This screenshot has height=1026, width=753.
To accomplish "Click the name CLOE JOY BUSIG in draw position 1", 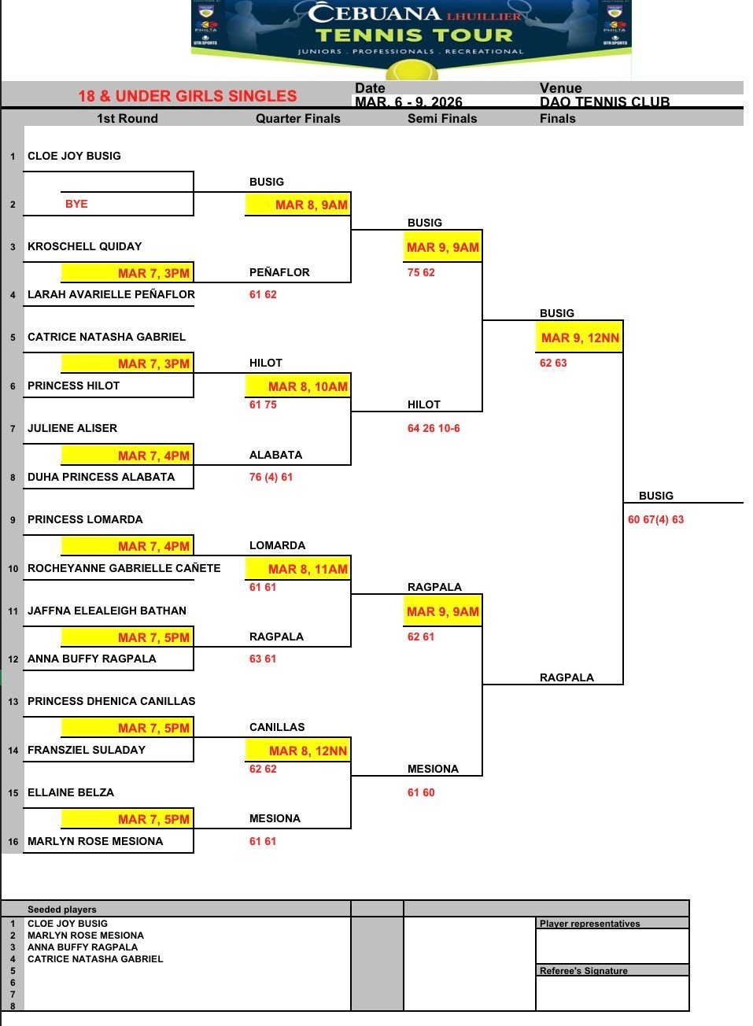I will [74, 156].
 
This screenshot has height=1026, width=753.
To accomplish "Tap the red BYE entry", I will [76, 204].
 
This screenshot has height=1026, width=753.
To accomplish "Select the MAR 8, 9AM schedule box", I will [298, 205].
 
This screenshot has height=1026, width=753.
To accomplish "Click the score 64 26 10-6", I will [434, 428].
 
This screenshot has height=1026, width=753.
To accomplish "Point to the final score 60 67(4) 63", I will [655, 519].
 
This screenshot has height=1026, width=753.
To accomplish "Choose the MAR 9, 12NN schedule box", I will [579, 338].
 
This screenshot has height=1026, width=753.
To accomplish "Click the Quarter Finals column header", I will [297, 119].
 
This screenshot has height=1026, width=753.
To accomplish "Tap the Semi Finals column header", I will [442, 119].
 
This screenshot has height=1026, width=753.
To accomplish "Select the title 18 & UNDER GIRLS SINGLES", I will [187, 96].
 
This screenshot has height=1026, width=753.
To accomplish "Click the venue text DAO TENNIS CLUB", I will [604, 102].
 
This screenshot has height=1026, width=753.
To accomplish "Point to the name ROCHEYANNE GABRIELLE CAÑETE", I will [124, 568].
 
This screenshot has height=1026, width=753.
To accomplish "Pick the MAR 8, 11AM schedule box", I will [298, 569].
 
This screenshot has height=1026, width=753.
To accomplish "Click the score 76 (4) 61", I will [271, 477].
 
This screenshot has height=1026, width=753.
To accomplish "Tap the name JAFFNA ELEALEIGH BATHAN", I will [107, 611].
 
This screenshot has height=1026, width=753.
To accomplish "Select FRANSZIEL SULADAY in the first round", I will [87, 750].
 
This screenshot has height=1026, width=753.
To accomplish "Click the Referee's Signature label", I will [584, 971].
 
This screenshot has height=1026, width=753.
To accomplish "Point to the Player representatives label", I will [589, 924].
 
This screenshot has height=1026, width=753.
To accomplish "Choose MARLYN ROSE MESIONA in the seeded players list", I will [86, 936].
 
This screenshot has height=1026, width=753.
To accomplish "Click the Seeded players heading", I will [62, 910].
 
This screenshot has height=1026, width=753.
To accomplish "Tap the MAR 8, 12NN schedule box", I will [298, 751].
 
